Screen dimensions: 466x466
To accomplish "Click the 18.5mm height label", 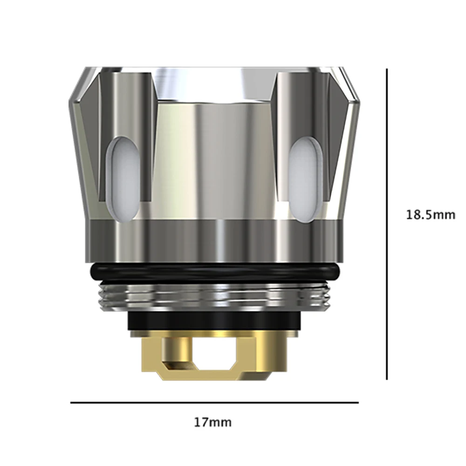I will click(x=430, y=215).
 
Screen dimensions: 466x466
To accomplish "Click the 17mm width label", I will click(x=212, y=423).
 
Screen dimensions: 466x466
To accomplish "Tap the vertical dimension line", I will click(x=387, y=224).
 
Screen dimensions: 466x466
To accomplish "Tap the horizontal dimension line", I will click(x=214, y=402).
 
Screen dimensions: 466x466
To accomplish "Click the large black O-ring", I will click(x=214, y=272).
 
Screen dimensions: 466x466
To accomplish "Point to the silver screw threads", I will click(x=214, y=297).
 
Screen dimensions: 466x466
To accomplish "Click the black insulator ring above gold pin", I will click(x=214, y=321).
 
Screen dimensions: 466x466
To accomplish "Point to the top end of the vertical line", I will click(x=387, y=69).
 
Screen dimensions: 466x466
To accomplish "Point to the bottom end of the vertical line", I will click(x=387, y=379).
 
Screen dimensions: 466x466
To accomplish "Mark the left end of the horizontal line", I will click(x=71, y=402).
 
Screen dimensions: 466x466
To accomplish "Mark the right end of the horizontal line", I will click(x=358, y=402).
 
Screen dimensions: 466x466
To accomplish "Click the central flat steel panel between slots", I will click(x=214, y=158).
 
